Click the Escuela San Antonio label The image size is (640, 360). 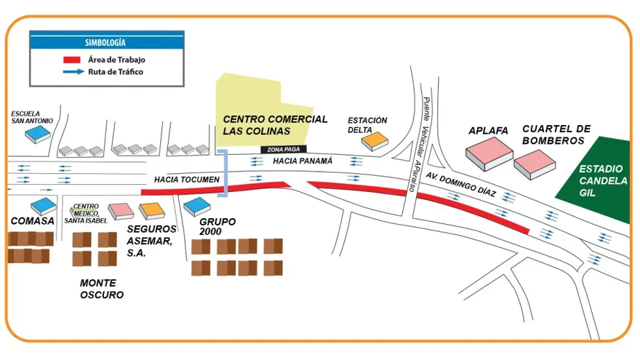32,117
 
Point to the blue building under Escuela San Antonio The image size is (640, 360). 37,133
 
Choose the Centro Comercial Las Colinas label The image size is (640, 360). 275,124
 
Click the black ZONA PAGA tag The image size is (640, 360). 279,149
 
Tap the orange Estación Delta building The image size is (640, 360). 374,140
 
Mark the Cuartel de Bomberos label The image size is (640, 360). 553,135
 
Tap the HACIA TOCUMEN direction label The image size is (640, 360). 186,179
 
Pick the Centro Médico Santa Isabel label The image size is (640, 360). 86,212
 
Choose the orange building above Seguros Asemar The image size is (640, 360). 153,210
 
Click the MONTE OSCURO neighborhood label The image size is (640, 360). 101,289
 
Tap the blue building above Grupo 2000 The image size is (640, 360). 196,207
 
